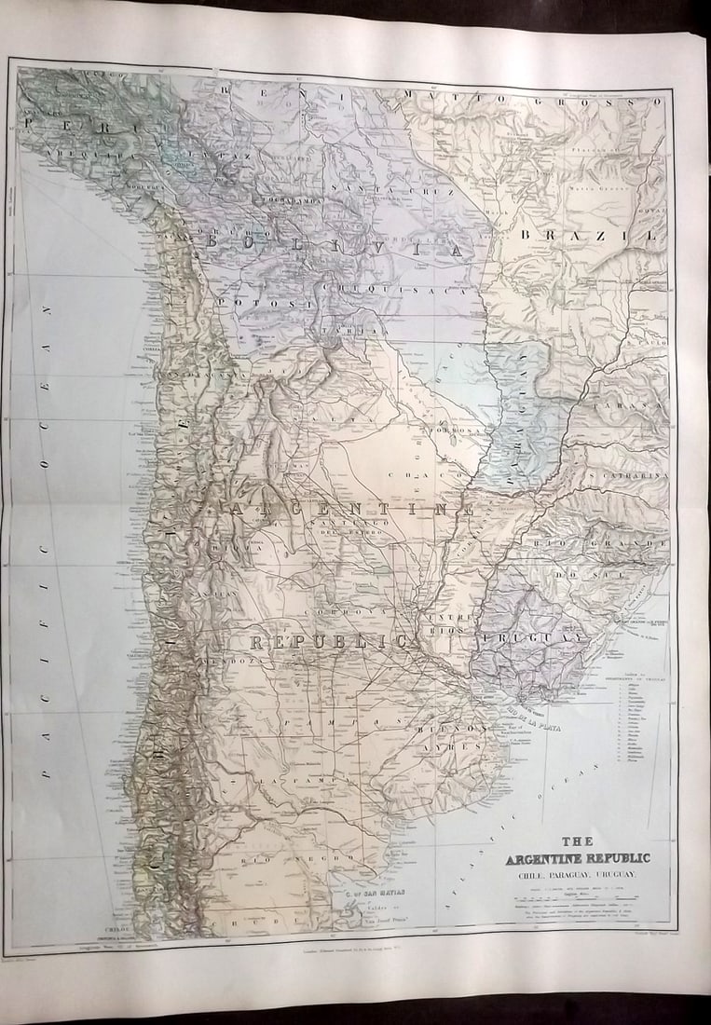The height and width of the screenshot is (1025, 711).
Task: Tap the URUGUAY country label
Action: pos(528,637)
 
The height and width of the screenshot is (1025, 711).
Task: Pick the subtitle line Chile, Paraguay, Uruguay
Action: pos(577,874)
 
